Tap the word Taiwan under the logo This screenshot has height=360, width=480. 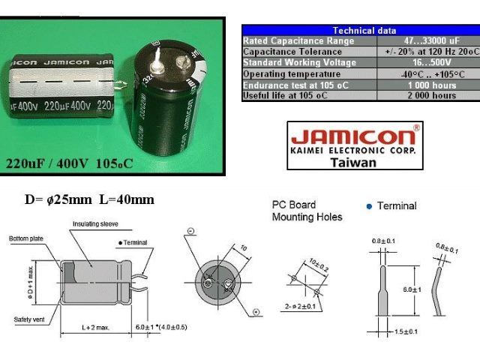click(353, 162)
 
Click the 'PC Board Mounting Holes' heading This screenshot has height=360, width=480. click(307, 211)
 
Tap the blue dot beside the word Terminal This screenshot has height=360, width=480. click(369, 206)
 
